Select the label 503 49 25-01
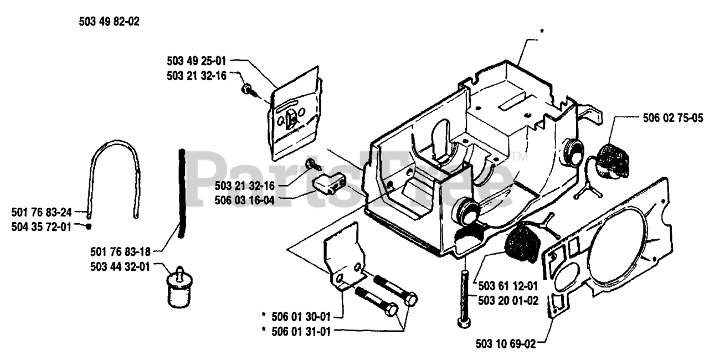(197, 59)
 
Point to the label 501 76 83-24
(42, 211)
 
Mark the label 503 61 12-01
(507, 286)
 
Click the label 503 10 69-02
(506, 344)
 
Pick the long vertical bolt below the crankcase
(463, 296)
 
